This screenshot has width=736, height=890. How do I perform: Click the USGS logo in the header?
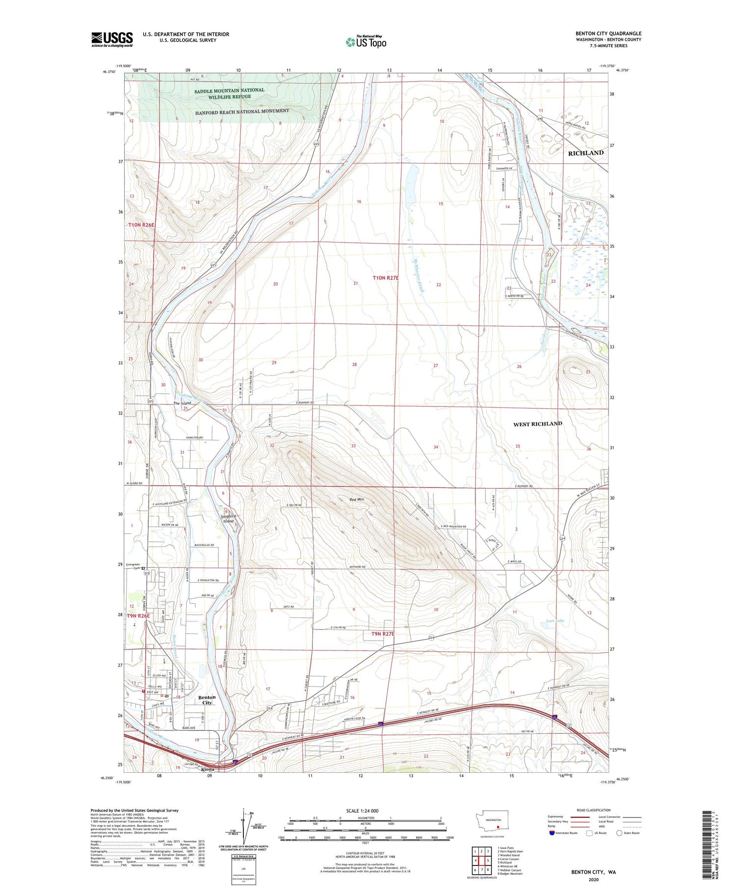112,39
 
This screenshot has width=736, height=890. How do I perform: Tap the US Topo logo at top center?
366,42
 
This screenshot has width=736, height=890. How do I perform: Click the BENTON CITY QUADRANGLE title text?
608,33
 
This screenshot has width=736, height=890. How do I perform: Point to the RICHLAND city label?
585,153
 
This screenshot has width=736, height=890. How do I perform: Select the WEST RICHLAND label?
537,424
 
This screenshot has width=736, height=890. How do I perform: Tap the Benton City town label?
207,700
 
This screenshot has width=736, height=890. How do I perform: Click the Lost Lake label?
555,621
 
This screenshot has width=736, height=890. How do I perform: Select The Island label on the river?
182,403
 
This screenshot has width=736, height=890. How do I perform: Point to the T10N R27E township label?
385,278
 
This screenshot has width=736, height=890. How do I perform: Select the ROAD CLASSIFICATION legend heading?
594,810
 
